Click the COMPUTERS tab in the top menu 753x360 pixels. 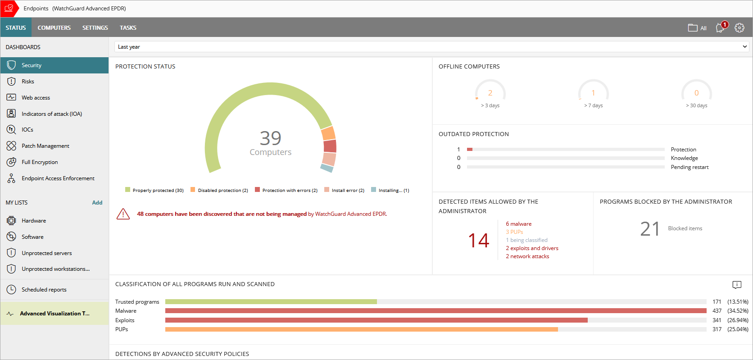(54, 28)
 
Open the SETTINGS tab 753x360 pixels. (95, 28)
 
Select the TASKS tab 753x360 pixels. (128, 28)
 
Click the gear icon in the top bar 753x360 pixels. (739, 28)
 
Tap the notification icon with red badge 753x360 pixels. (721, 27)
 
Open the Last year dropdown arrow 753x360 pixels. (745, 46)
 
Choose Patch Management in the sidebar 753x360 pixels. (45, 146)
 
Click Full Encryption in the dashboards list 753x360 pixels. (40, 162)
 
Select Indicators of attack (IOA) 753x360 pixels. (52, 114)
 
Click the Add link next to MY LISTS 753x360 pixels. (97, 203)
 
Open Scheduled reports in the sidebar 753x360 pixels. (44, 290)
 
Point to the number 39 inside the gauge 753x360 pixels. (270, 138)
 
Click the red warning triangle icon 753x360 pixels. (123, 214)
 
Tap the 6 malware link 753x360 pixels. (518, 224)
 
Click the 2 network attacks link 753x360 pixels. (527, 256)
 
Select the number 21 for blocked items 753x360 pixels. (650, 229)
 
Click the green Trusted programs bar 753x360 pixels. (271, 302)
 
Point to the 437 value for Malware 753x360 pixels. (717, 311)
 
